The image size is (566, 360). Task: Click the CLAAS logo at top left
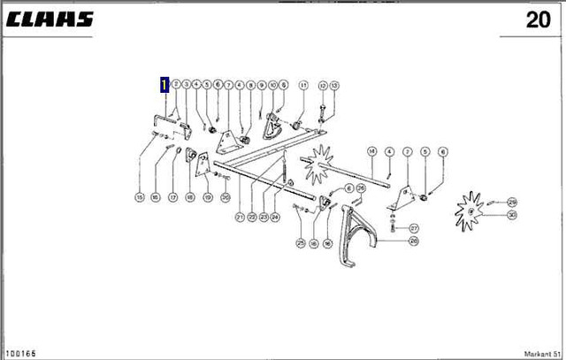point(50,19)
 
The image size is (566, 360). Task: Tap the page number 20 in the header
point(538,20)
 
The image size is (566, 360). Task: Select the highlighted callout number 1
point(164,85)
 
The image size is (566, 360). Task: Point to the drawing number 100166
point(22,353)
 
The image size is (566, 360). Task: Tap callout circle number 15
point(139,196)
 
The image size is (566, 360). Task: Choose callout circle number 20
point(226,196)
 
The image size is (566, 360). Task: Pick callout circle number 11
point(302,85)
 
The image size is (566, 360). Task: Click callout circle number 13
point(334,85)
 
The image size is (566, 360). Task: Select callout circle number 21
point(240,217)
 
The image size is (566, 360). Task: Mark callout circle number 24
point(275,217)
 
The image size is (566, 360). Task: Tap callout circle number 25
point(301,243)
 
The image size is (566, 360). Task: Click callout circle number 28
point(414,241)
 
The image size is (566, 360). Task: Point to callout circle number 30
point(512,215)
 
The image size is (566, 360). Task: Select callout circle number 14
point(372,150)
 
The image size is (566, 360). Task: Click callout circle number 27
point(414,228)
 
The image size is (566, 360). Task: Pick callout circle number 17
point(173,196)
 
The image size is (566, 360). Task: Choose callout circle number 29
point(512,203)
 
